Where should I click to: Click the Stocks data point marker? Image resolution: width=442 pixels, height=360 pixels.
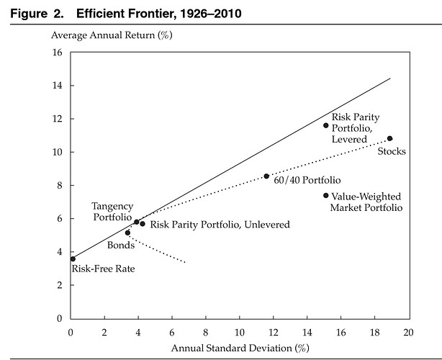389,138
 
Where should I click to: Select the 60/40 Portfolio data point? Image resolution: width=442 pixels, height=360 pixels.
266,176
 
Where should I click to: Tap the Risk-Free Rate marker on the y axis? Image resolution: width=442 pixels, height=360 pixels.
73,258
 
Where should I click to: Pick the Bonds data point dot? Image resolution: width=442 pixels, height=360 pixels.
127,233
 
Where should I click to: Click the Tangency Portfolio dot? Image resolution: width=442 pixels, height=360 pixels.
136,222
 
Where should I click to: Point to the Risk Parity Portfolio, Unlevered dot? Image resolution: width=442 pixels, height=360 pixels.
143,224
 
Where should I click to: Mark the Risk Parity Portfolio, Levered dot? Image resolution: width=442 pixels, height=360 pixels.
325,125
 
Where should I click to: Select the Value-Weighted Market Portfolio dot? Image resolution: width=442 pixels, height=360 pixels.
325,195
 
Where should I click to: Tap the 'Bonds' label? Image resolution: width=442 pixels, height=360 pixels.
120,246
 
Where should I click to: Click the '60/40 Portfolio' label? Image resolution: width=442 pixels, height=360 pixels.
307,180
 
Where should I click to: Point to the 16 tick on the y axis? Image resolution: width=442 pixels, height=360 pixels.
58,53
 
